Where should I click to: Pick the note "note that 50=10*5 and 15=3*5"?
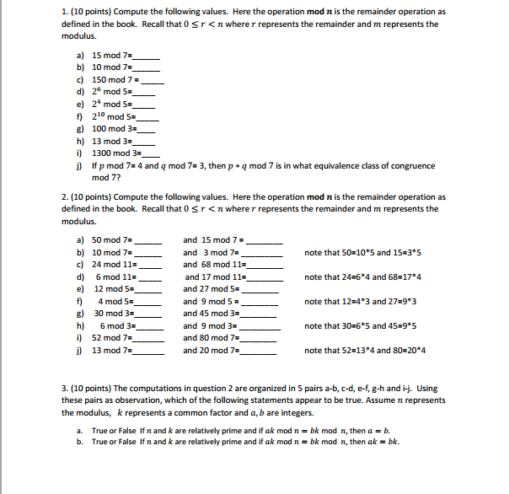point(361,253)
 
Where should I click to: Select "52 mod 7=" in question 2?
point(112,338)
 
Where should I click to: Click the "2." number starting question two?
point(65,196)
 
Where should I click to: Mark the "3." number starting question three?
point(65,388)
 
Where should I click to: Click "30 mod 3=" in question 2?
point(112,313)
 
